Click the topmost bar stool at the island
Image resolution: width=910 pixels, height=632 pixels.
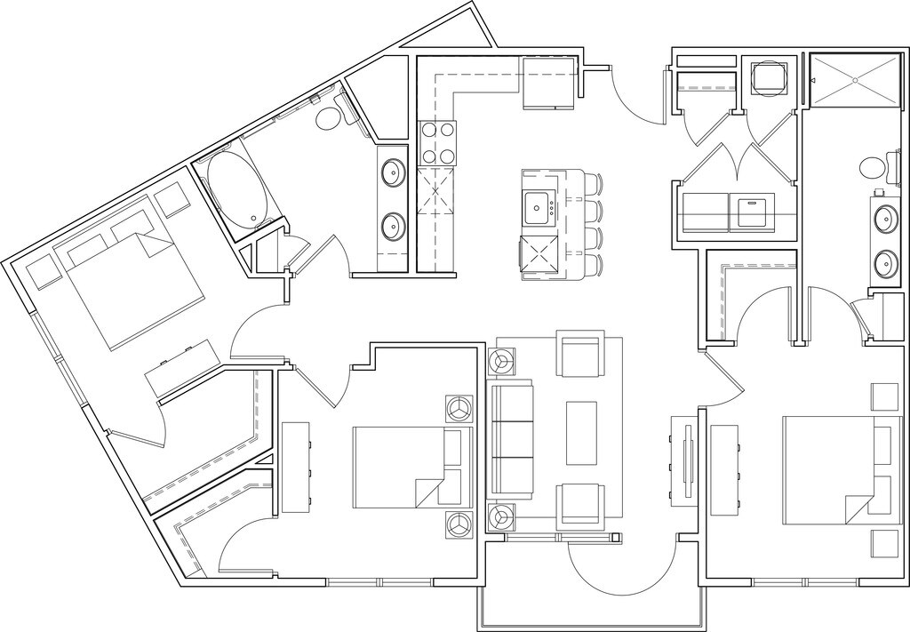click(x=594, y=184)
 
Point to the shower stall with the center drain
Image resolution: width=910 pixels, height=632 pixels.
click(x=854, y=80)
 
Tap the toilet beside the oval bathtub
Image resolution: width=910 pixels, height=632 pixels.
click(x=331, y=117)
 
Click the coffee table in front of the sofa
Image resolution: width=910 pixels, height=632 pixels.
click(x=583, y=432)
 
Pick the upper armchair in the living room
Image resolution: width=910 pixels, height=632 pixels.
click(x=579, y=354)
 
